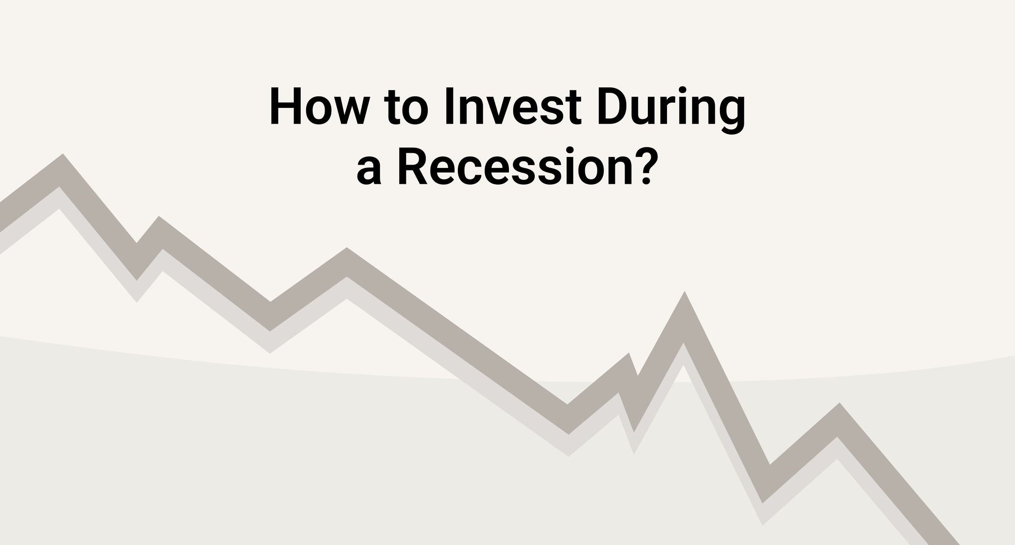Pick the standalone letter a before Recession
369,172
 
